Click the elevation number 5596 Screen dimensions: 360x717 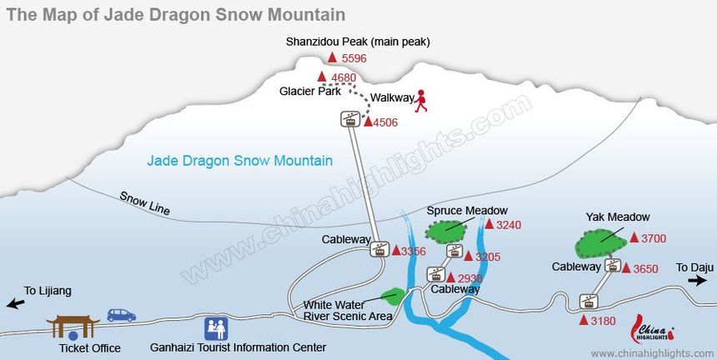(354, 58)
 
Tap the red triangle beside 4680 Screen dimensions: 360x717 (322, 77)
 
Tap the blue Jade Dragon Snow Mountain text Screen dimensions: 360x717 (239, 161)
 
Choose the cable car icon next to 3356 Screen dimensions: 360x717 (380, 249)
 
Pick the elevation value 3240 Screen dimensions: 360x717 (508, 225)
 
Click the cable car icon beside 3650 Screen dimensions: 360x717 (614, 266)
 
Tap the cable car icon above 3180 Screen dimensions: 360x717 (589, 302)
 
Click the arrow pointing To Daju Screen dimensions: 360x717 (697, 282)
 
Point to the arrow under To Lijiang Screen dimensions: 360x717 (14, 304)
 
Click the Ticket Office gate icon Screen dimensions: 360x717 (73, 326)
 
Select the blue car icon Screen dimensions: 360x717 (121, 315)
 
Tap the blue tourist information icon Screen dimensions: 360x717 (216, 327)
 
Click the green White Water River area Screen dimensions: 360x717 (392, 295)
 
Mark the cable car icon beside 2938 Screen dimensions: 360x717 (435, 273)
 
